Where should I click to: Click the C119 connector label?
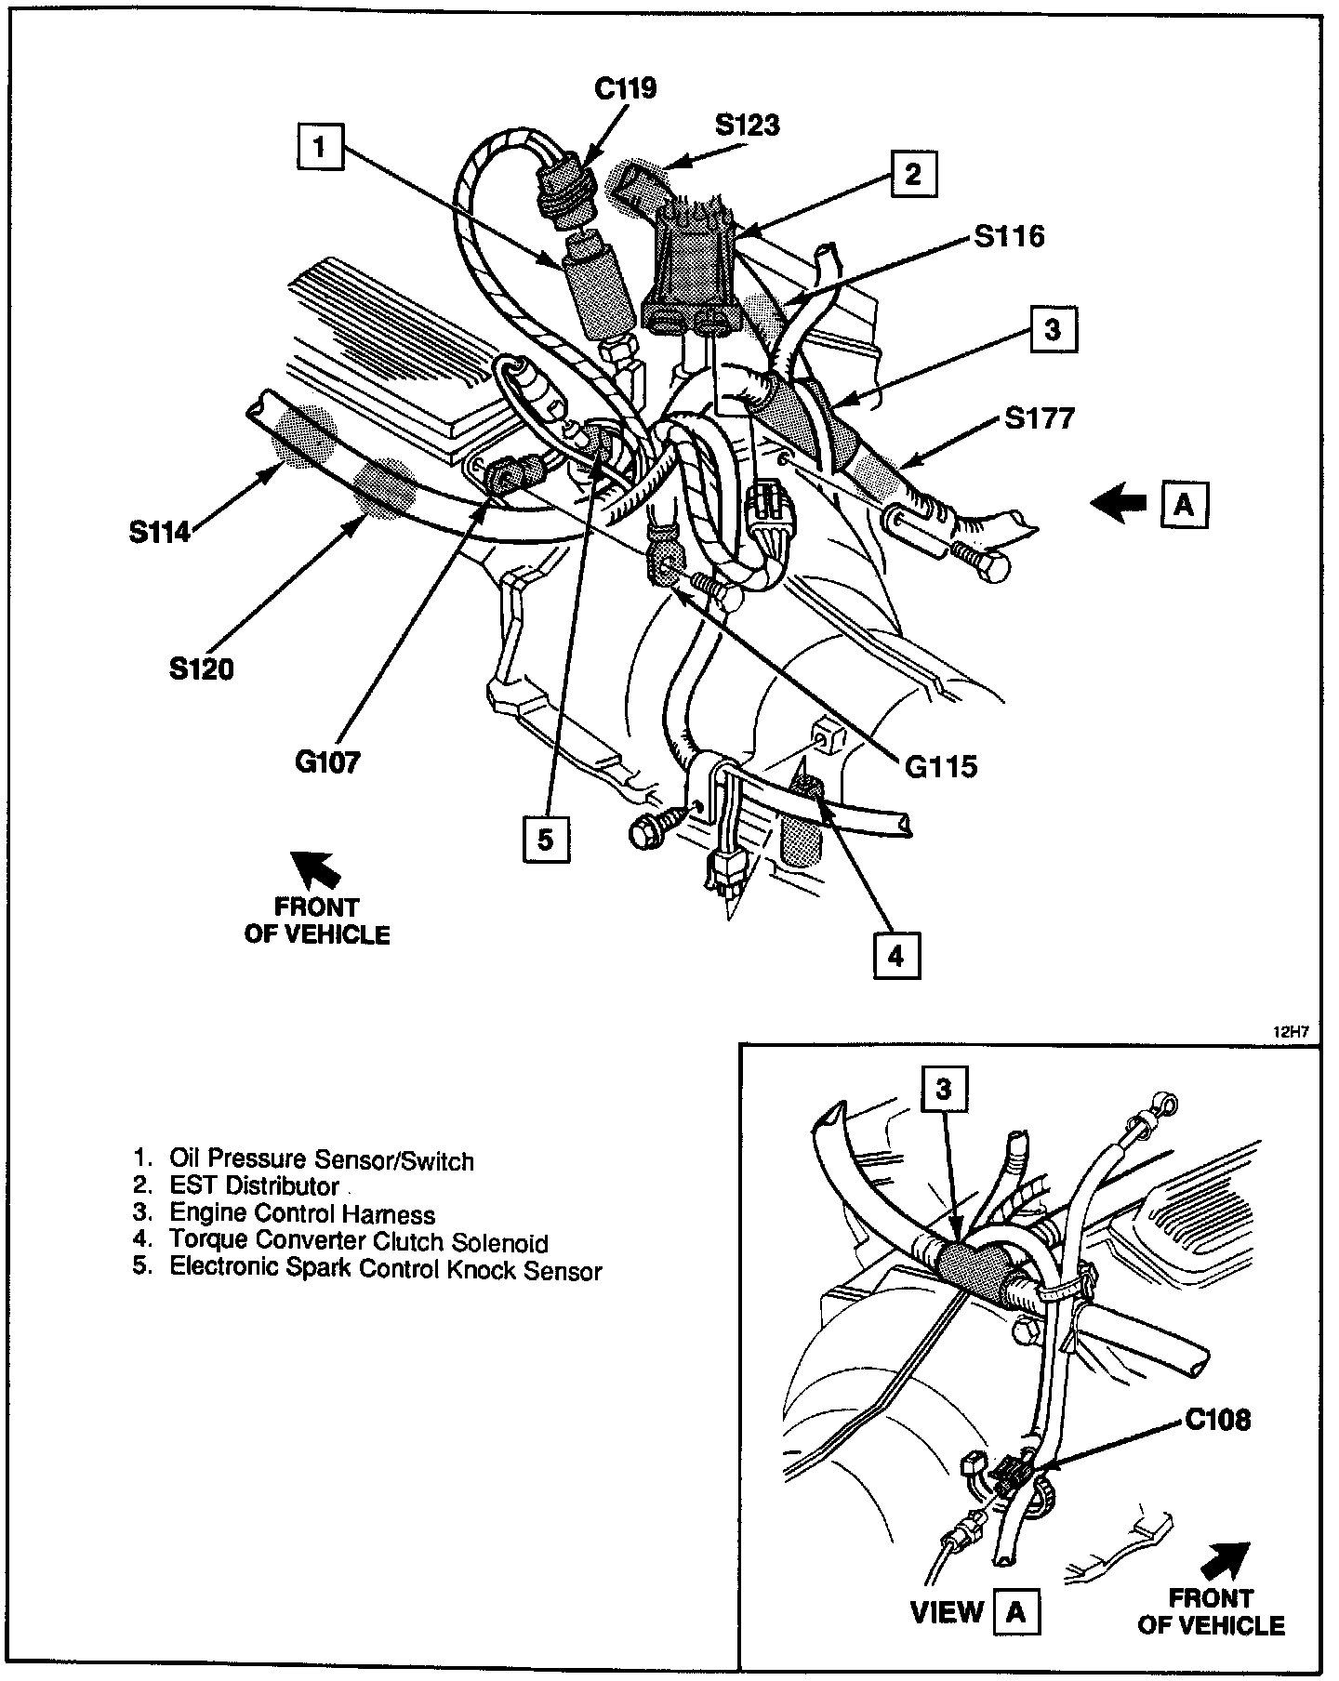625,88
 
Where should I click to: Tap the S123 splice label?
748,126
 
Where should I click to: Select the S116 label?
1010,236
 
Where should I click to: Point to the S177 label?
1040,418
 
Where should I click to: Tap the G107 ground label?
327,762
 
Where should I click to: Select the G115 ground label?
941,766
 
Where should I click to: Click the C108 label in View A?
1217,1420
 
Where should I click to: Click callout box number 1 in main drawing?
320,147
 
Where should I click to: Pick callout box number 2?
913,174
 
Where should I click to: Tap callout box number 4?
896,955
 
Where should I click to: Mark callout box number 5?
545,840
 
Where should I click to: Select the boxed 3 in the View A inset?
944,1090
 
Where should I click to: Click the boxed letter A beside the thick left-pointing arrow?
1184,505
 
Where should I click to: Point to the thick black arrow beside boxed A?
1120,503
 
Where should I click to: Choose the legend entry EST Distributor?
254,1186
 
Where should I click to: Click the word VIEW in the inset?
947,1612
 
